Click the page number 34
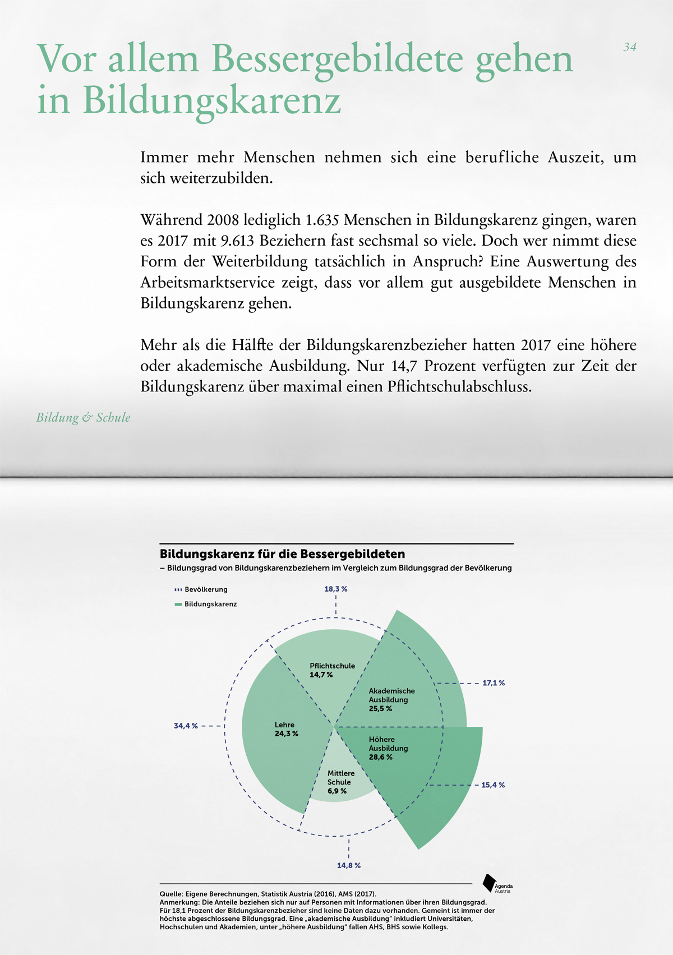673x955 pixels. [x=630, y=48]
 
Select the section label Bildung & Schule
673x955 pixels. [x=83, y=418]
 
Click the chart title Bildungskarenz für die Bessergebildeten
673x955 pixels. [x=282, y=554]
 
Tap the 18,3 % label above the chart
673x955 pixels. [x=335, y=589]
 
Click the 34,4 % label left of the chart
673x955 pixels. [x=186, y=726]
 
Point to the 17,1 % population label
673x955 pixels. [x=494, y=683]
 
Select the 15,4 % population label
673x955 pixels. [x=493, y=785]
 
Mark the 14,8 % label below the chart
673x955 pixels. [x=348, y=865]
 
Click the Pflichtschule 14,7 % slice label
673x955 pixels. [x=332, y=670]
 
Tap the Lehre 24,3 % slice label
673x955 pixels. [x=286, y=729]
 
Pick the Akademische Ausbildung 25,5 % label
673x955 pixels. [x=391, y=700]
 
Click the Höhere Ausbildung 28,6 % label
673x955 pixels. [x=388, y=748]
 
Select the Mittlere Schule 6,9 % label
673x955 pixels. [x=341, y=782]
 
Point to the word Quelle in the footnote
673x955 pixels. [x=170, y=894]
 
